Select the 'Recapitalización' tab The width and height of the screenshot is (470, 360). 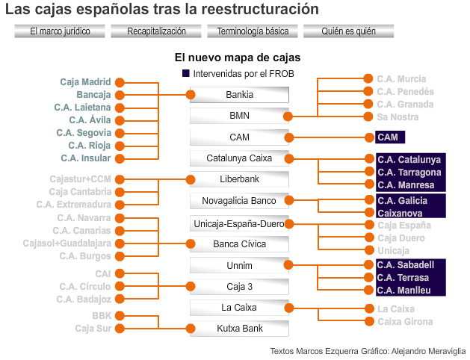point(156,31)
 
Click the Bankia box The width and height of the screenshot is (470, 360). point(239,95)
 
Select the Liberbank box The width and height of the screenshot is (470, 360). point(239,179)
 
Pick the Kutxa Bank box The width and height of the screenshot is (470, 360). point(239,328)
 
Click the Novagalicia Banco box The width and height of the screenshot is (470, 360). point(239,201)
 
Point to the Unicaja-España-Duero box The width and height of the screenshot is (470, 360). point(239,223)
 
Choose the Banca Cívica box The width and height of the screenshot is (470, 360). point(239,243)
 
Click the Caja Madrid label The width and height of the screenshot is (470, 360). point(85,81)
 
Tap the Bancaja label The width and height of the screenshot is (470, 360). point(93,95)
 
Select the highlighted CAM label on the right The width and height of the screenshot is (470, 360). point(388,137)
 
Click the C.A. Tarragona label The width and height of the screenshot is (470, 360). point(409,172)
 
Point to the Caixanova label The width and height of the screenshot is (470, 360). point(400,213)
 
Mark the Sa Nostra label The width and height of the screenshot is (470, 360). point(398,117)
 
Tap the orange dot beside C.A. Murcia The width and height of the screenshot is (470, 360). point(368,78)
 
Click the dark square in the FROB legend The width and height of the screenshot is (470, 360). point(186,74)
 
